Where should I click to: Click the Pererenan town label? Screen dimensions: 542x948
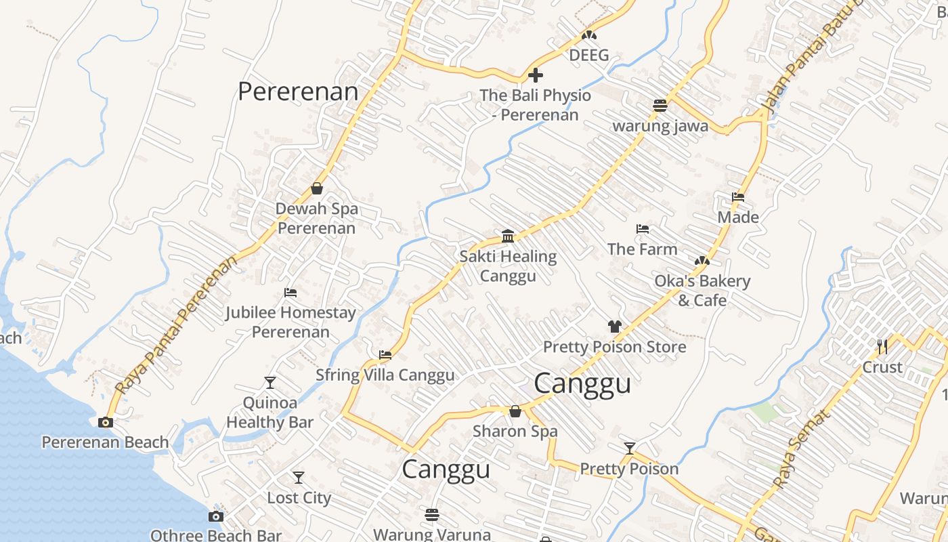tap(298, 91)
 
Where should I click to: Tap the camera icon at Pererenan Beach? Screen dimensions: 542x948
tap(105, 422)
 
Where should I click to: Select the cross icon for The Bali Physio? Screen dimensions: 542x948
tap(536, 75)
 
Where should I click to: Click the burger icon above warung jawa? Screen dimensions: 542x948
tap(660, 105)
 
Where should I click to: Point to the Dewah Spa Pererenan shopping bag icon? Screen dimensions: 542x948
tap(317, 188)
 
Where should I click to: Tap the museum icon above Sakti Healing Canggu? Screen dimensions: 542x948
tap(508, 236)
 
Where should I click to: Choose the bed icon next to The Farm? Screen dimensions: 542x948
tap(643, 229)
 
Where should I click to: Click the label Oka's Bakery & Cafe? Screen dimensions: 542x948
tap(702, 291)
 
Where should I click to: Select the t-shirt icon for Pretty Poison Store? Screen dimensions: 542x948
tap(614, 327)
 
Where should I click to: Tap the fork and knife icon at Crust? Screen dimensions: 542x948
tap(882, 347)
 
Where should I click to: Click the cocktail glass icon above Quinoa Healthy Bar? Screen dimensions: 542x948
tap(270, 382)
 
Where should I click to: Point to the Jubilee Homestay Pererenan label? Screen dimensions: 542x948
tap(290, 322)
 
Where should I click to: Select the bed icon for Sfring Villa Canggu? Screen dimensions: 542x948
tap(385, 354)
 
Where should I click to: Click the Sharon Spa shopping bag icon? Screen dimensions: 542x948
tap(515, 411)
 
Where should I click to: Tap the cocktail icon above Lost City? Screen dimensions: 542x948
tap(298, 477)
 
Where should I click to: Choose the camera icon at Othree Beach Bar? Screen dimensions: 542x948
tap(216, 516)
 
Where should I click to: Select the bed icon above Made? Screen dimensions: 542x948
tap(738, 197)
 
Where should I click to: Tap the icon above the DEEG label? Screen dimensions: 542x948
tap(589, 35)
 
